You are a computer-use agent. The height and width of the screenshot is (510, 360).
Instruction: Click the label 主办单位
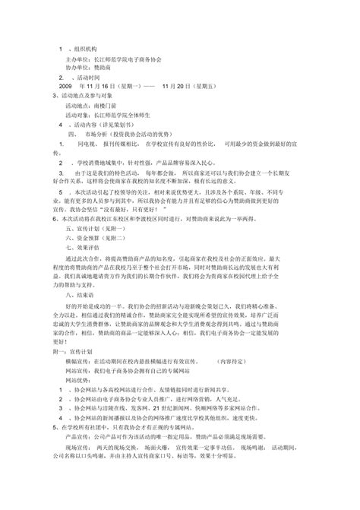point(78,59)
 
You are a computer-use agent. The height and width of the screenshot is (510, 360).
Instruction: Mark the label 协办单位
point(78,68)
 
